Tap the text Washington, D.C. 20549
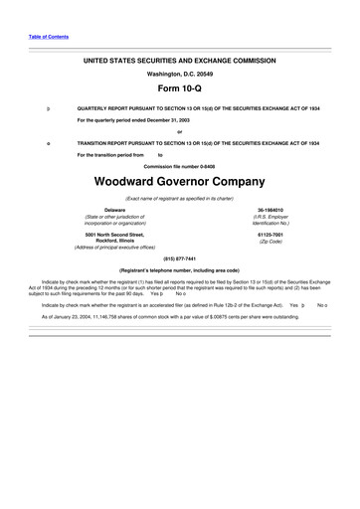point(179,73)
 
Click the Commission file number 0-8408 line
point(179,166)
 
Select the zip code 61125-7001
point(270,234)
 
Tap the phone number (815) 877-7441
point(179,257)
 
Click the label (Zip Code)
point(270,242)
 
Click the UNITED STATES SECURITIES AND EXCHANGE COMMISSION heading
point(179,60)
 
